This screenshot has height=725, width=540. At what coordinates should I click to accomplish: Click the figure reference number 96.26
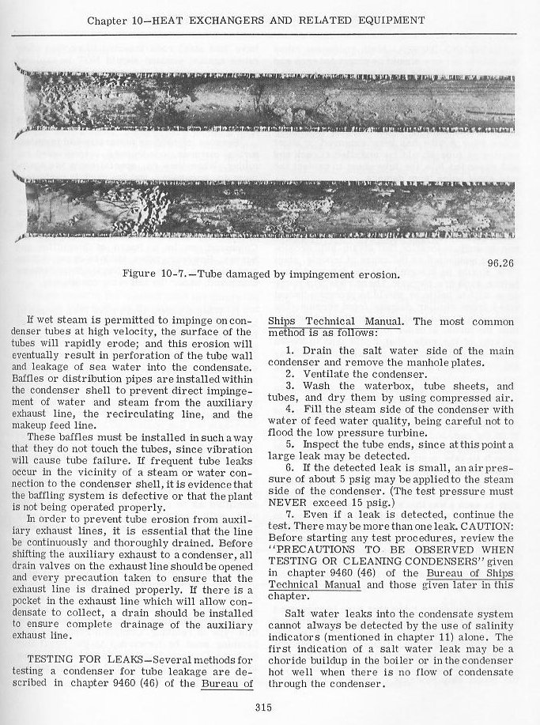pyautogui.click(x=498, y=262)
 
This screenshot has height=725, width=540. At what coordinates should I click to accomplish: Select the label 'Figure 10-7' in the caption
pyautogui.click(x=157, y=275)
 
